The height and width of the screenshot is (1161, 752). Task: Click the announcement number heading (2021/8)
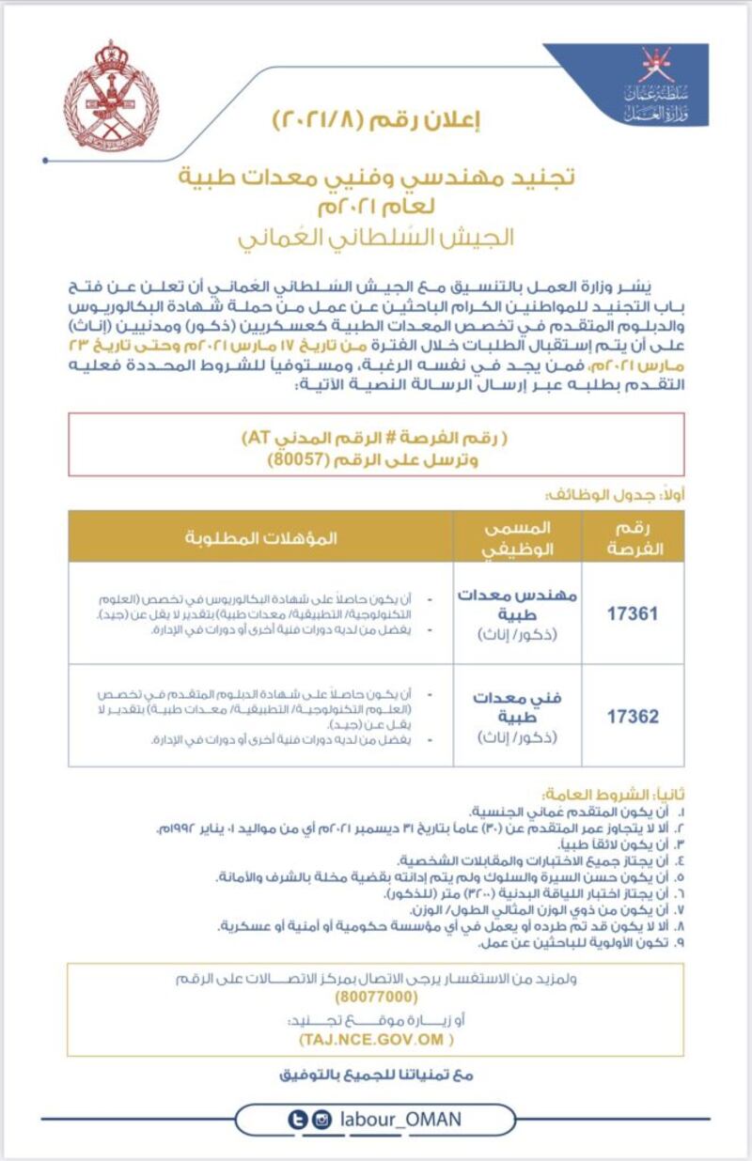pyautogui.click(x=376, y=121)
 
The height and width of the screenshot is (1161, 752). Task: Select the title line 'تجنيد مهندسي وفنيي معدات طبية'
pyautogui.click(x=376, y=177)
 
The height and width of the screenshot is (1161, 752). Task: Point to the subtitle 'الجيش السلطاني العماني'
pyautogui.click(x=377, y=236)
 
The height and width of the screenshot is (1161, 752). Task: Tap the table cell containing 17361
pyautogui.click(x=633, y=613)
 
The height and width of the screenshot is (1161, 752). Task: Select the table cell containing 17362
pyautogui.click(x=633, y=716)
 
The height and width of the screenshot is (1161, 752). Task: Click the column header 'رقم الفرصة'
pyautogui.click(x=633, y=538)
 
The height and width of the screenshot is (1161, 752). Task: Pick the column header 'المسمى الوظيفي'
pyautogui.click(x=516, y=538)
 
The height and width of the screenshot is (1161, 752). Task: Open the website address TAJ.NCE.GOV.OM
pyautogui.click(x=376, y=1040)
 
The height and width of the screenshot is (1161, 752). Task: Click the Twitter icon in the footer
pyautogui.click(x=299, y=1120)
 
